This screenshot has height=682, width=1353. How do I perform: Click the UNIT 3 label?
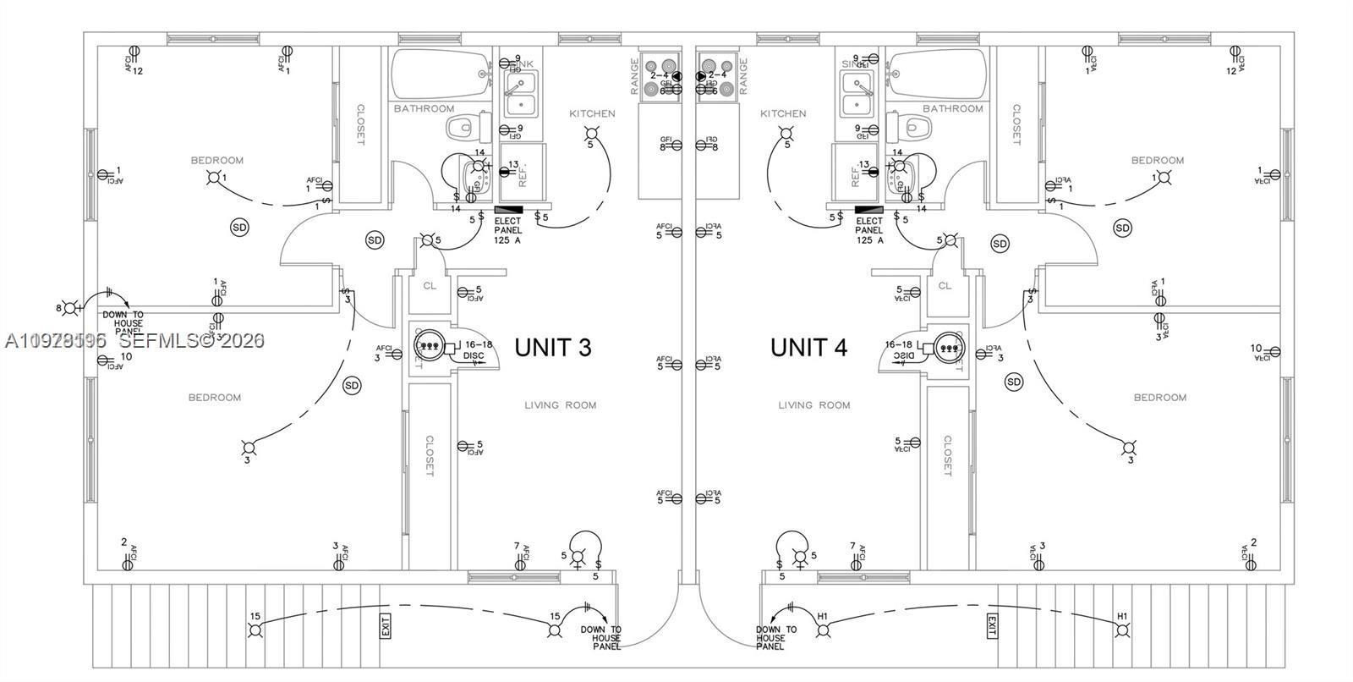(x=552, y=348)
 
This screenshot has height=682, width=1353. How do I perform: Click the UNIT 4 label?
(x=808, y=348)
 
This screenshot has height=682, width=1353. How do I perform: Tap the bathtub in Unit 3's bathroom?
(x=441, y=74)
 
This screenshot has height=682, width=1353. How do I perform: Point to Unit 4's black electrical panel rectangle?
(x=868, y=209)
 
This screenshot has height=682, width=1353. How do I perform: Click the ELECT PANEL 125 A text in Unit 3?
(x=508, y=231)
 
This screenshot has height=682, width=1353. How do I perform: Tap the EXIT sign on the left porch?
(x=386, y=627)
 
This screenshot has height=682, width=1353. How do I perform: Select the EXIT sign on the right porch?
(x=991, y=627)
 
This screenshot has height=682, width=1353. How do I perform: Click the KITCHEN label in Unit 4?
(x=783, y=113)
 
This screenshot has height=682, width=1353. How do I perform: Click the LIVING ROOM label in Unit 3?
(x=560, y=405)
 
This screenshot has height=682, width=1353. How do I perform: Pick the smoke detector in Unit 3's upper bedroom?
(x=240, y=227)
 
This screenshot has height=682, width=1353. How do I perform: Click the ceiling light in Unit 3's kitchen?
(x=592, y=133)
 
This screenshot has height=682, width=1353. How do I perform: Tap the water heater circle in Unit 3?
(x=428, y=344)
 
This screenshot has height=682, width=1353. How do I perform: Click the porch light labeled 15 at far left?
(x=255, y=630)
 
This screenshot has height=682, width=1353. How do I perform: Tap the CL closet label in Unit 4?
(x=945, y=286)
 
